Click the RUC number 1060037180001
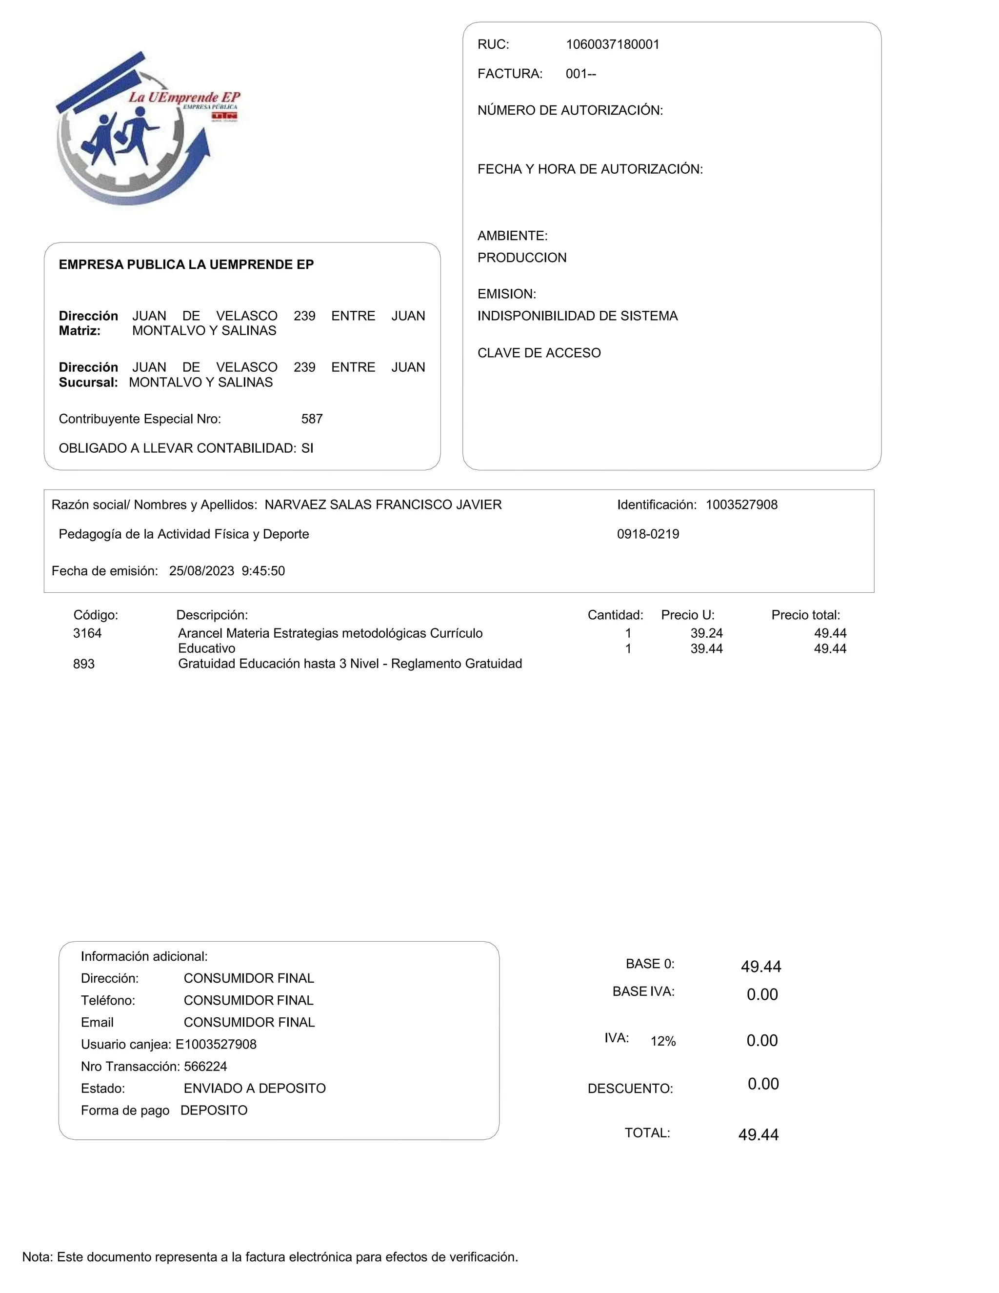(x=612, y=44)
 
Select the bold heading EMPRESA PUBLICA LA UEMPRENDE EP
(x=186, y=264)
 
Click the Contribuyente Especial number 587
(x=311, y=419)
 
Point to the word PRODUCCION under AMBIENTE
(x=521, y=258)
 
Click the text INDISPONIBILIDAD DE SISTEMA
(x=577, y=316)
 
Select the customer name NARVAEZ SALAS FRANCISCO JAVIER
(x=382, y=505)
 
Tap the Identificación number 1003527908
(x=741, y=505)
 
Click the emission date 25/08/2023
(x=201, y=571)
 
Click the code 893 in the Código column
(x=83, y=664)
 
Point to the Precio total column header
(x=805, y=615)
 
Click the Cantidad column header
(x=615, y=615)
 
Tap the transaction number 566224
(x=205, y=1067)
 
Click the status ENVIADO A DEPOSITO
(x=255, y=1089)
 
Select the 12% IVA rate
(x=663, y=1041)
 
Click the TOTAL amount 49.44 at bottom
(x=758, y=1135)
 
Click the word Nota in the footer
(x=37, y=1257)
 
